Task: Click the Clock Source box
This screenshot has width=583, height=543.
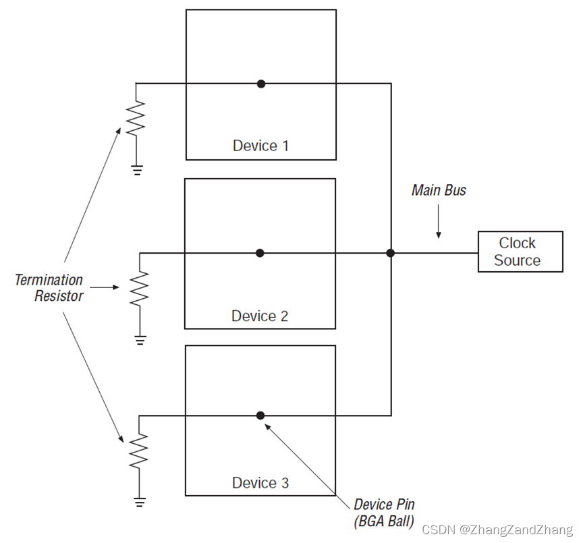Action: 520,252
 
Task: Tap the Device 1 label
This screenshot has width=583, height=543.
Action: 260,146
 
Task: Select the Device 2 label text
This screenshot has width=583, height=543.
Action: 260,316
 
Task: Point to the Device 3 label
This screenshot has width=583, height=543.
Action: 260,483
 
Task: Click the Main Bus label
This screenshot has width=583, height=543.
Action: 439,190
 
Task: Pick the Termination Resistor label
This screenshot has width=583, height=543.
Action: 50,288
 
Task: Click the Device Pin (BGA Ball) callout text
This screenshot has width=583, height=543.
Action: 384,513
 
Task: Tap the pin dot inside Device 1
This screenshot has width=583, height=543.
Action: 261,84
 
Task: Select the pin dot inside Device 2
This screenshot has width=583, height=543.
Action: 260,253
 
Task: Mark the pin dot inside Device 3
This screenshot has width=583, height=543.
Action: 260,416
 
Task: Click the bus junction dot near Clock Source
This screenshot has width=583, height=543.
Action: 390,253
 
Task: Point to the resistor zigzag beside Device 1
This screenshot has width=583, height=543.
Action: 136,117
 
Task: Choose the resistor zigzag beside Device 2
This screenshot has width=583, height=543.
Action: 140,289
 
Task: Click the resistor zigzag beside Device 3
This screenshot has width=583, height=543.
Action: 139,451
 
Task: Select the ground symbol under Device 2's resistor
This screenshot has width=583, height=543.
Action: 140,340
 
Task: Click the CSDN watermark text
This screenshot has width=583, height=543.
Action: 497,530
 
